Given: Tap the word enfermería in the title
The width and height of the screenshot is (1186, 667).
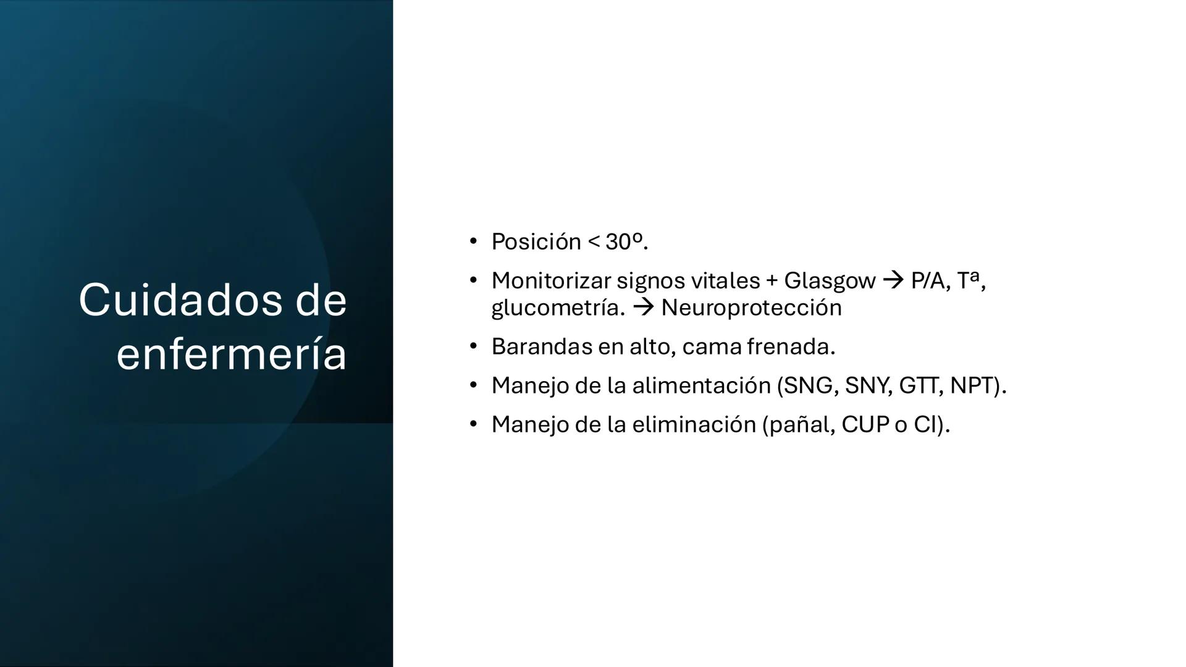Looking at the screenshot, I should pyautogui.click(x=232, y=354).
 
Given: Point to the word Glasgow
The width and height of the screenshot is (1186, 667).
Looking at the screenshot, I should pyautogui.click(x=830, y=281).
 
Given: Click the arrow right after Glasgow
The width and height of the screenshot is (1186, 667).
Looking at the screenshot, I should pyautogui.click(x=893, y=281).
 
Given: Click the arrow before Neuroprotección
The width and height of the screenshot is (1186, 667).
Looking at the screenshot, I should pyautogui.click(x=643, y=308).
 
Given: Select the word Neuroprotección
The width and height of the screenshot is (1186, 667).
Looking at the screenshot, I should pyautogui.click(x=751, y=308).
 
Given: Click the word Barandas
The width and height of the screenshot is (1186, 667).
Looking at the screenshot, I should pyautogui.click(x=541, y=346).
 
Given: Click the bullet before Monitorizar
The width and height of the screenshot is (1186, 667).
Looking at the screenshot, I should pyautogui.click(x=473, y=281).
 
